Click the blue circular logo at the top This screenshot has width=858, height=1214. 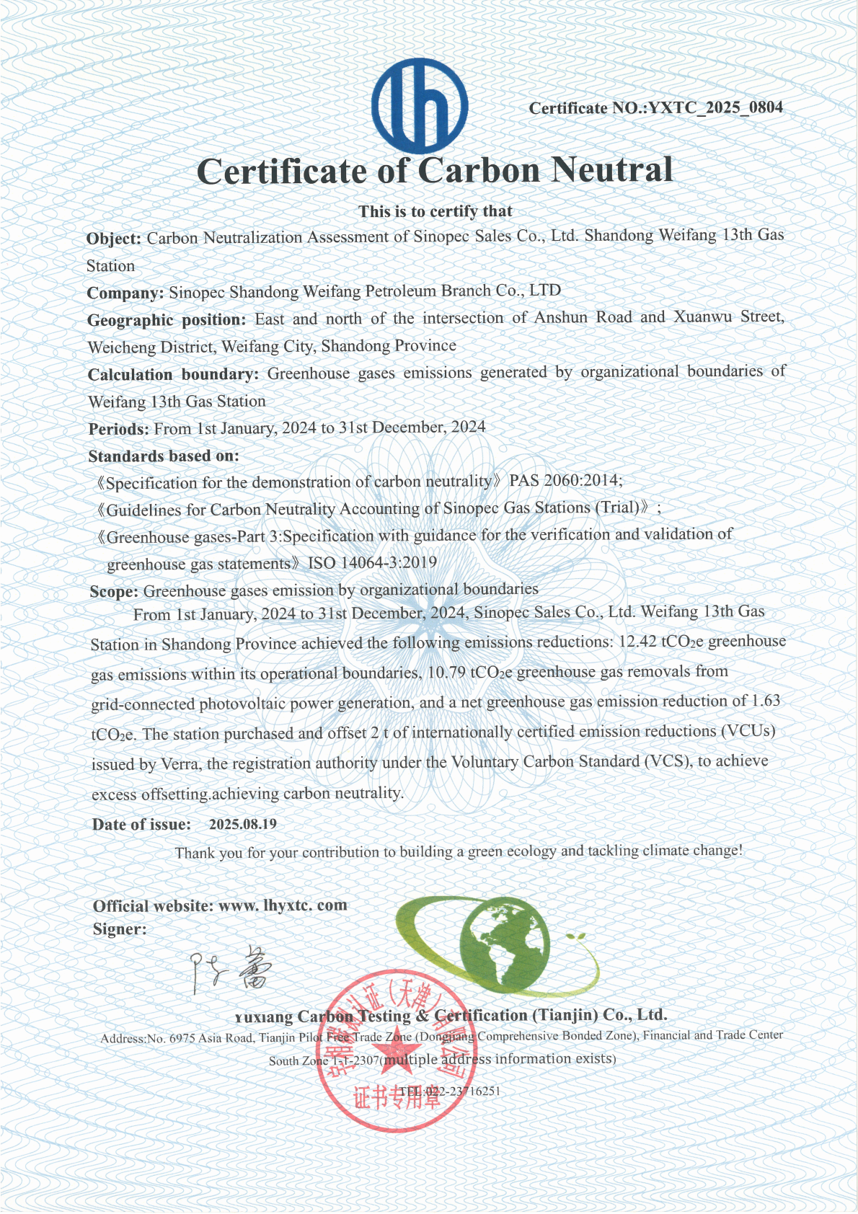point(420,106)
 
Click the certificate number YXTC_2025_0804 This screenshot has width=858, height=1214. point(715,108)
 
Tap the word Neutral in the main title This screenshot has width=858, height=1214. point(612,170)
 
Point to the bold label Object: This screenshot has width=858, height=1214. point(114,239)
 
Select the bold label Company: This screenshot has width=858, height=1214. point(125,293)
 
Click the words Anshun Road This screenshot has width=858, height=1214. point(583,317)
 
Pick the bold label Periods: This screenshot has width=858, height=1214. point(119,429)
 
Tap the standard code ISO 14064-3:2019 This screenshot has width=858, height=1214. point(372,563)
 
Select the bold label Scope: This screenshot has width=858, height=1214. point(114,592)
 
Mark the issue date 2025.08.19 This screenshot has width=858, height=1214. point(243,824)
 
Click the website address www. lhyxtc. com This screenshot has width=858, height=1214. point(283,905)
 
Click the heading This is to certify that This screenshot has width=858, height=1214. point(435,211)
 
